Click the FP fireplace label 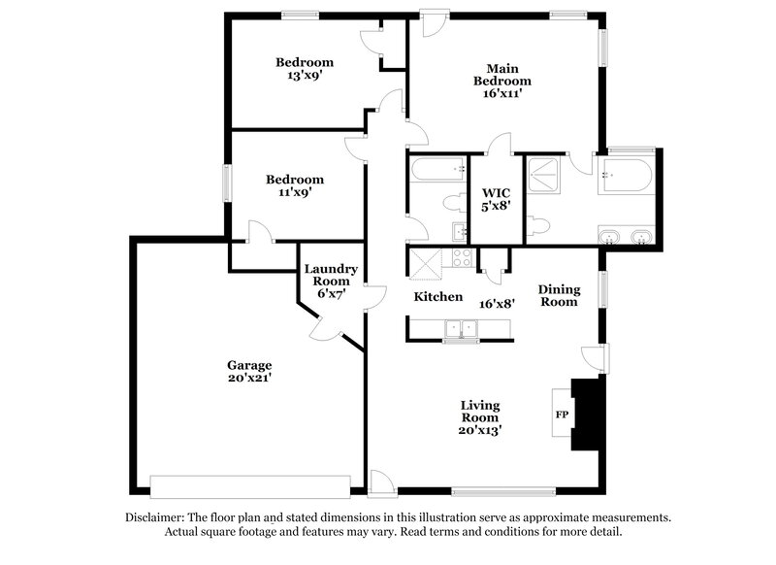(x=561, y=415)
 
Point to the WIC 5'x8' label (x=496, y=199)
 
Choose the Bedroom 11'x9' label (x=295, y=185)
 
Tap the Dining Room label (x=559, y=295)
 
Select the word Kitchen (x=438, y=296)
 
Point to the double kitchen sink (x=457, y=329)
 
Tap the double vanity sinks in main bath (x=626, y=237)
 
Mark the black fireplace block (x=586, y=415)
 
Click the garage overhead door (x=249, y=485)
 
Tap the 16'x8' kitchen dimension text (x=497, y=303)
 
